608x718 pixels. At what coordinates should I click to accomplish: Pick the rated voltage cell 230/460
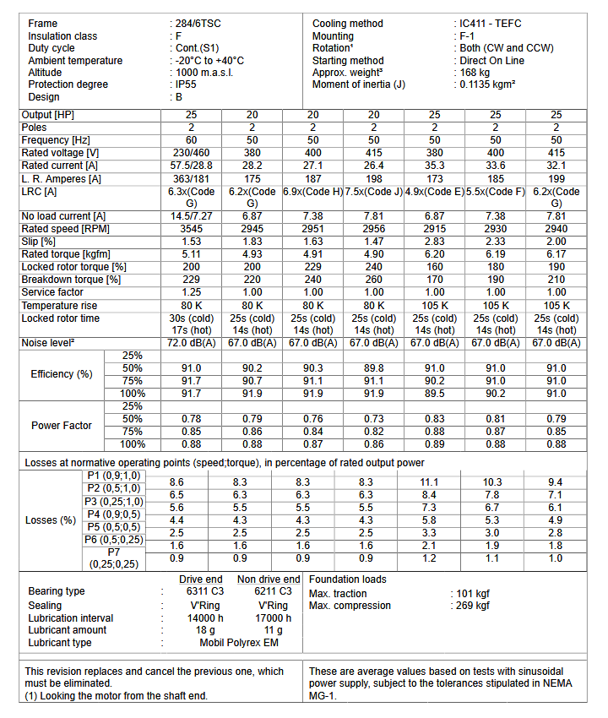pyautogui.click(x=191, y=153)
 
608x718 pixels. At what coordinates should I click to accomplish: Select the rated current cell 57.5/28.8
pyautogui.click(x=191, y=166)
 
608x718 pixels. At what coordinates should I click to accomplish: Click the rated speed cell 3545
pyautogui.click(x=191, y=229)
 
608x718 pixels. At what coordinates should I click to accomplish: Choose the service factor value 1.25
pyautogui.click(x=191, y=292)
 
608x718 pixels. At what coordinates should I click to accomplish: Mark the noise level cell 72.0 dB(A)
pyautogui.click(x=191, y=343)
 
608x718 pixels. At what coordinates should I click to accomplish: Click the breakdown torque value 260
pyautogui.click(x=374, y=280)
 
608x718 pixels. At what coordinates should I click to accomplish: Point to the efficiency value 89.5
pyautogui.click(x=435, y=394)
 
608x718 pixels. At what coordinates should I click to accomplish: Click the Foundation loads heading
pyautogui.click(x=348, y=579)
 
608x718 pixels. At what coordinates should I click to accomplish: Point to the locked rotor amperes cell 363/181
pyautogui.click(x=191, y=178)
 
